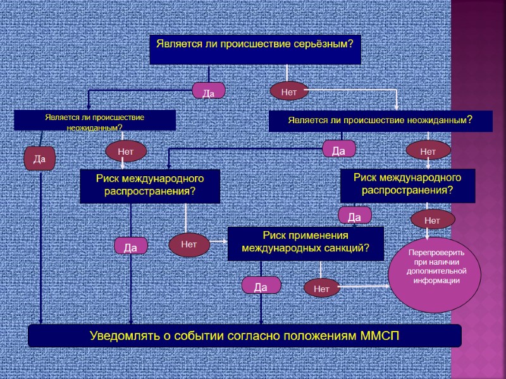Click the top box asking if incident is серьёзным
click(x=255, y=49)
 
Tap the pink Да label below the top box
click(x=209, y=92)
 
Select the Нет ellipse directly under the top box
click(x=289, y=92)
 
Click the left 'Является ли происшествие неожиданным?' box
click(x=95, y=121)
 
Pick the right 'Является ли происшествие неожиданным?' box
click(x=380, y=121)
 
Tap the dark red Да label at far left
click(x=40, y=159)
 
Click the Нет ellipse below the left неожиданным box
click(x=126, y=151)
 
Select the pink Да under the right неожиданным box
click(x=339, y=150)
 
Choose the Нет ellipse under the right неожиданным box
click(x=428, y=151)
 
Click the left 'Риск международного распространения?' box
click(x=150, y=186)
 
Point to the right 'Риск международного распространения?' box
click(x=407, y=185)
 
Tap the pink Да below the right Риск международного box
click(x=354, y=217)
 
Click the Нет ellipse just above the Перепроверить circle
click(x=433, y=220)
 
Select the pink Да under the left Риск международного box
click(x=131, y=246)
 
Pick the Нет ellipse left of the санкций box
click(x=189, y=244)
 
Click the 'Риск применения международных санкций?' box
click(x=305, y=243)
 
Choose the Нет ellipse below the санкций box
click(x=322, y=289)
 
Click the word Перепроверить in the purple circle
click(x=435, y=252)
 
